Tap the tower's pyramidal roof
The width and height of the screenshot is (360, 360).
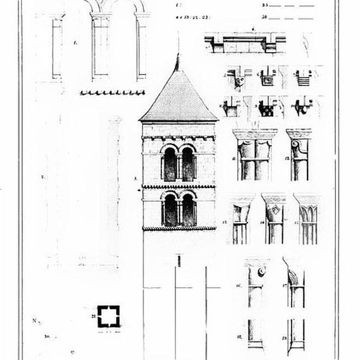click(178, 98)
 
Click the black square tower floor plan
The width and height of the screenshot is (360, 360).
click(109, 316)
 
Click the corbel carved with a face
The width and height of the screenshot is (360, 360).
click(239, 80)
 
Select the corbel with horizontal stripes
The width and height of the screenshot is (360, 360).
click(304, 79)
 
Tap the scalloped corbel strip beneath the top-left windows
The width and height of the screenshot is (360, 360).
click(112, 93)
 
